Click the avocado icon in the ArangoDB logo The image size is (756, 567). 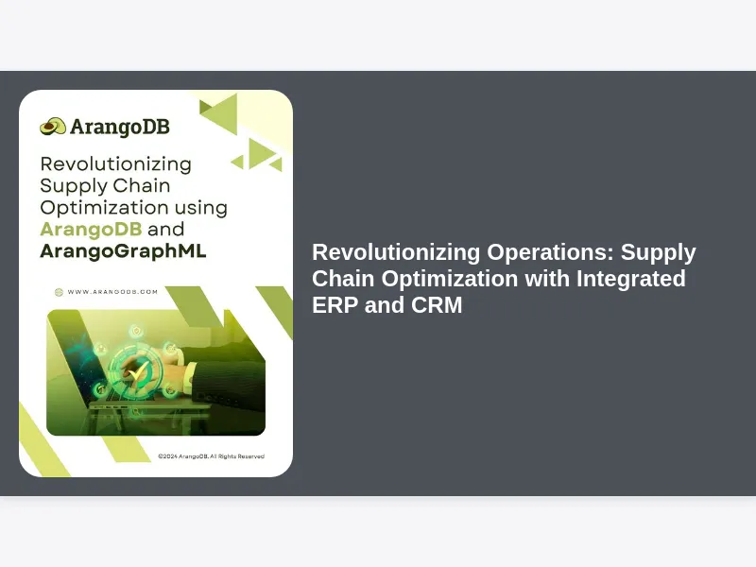[x=53, y=127]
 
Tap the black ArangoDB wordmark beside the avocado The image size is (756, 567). [x=120, y=127]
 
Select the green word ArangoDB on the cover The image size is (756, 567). [x=91, y=229]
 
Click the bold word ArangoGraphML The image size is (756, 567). [x=124, y=251]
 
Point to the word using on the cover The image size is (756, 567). [x=201, y=208]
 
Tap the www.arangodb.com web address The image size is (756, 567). [x=112, y=292]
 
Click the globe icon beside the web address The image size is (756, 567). [x=59, y=292]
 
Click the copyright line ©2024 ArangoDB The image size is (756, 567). [x=211, y=456]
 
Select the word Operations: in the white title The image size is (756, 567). [x=551, y=252]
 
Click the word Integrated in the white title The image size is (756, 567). [x=631, y=279]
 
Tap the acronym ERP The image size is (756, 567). [x=335, y=305]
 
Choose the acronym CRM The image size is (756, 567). [x=437, y=305]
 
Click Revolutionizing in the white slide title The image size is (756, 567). [x=396, y=252]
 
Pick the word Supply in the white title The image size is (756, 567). [x=658, y=252]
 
